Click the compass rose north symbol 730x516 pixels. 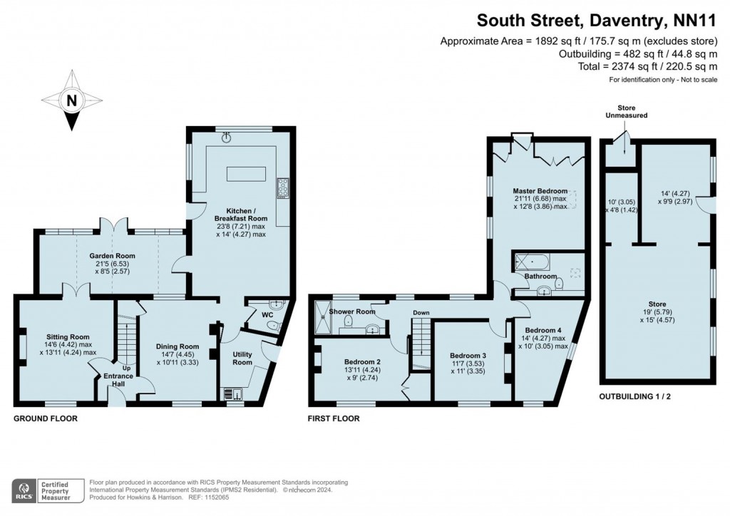[x=71, y=100]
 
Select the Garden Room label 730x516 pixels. [x=112, y=256]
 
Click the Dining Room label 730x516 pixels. [x=177, y=347]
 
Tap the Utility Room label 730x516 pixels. [x=242, y=358]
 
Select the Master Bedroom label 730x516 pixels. [x=540, y=191]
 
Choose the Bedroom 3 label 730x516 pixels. [x=468, y=355]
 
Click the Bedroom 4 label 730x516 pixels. [x=543, y=331]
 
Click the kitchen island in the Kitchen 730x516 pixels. [x=246, y=175]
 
